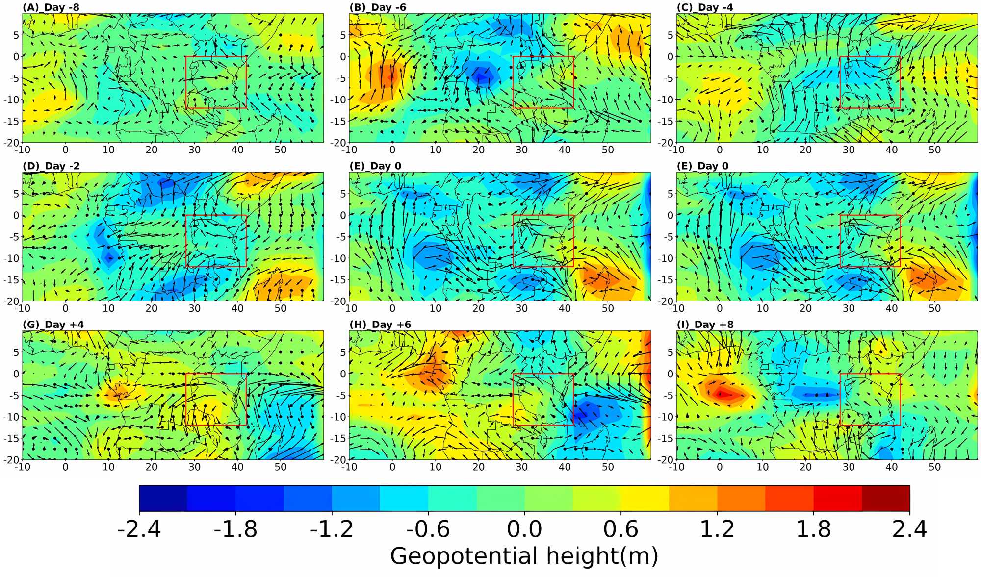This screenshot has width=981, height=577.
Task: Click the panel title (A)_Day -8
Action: (x=51, y=7)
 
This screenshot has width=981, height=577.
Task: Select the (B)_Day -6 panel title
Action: (x=378, y=7)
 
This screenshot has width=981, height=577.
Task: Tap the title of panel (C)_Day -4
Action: (x=705, y=7)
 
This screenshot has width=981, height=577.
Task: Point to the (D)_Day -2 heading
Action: (x=51, y=166)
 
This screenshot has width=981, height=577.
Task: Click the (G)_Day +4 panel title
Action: (x=53, y=325)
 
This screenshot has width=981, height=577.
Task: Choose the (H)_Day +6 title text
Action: (x=380, y=325)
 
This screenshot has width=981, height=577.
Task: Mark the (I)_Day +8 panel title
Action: (x=705, y=325)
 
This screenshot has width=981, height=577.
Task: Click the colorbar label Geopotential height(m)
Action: (x=524, y=556)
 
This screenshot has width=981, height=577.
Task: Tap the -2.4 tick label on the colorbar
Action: (x=139, y=529)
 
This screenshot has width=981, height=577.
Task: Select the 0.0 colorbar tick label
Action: (x=524, y=529)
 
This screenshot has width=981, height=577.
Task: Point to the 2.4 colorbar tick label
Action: (x=909, y=529)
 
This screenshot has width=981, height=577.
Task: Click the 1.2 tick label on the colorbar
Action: (x=717, y=529)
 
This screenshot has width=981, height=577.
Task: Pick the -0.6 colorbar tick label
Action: (x=428, y=529)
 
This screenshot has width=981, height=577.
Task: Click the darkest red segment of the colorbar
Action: (x=886, y=499)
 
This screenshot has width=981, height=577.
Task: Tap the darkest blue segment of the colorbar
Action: (x=163, y=499)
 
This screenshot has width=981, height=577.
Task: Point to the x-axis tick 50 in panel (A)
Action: (x=281, y=150)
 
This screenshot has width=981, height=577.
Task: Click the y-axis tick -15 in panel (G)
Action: (x=11, y=438)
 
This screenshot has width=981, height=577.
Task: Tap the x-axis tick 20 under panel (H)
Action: (x=478, y=467)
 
